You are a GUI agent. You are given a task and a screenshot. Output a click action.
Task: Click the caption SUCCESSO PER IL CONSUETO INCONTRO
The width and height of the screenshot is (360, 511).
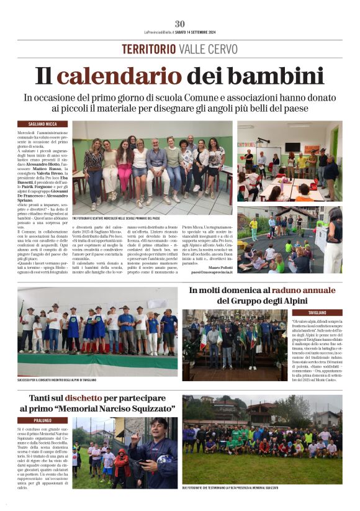click(56, 380)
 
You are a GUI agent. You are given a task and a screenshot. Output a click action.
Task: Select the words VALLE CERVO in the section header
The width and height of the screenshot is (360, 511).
click(207, 49)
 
